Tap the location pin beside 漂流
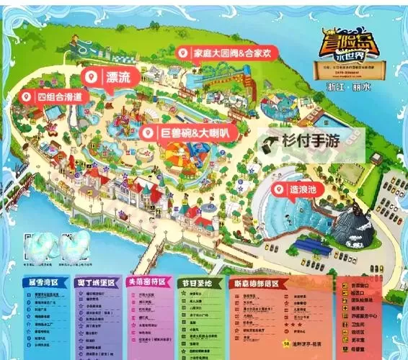(92, 76)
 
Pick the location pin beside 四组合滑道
(27, 96)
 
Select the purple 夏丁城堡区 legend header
(97, 283)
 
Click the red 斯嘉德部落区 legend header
(260, 283)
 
